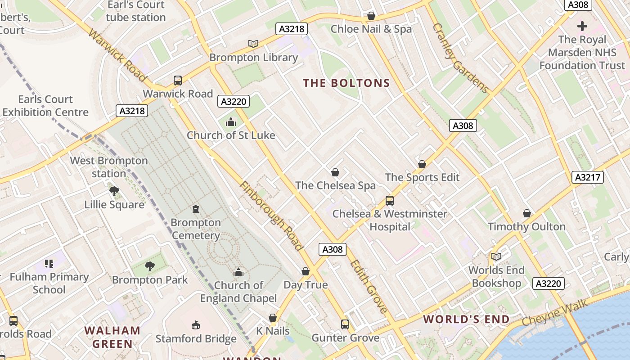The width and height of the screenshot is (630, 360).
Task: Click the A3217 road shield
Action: pos(588,177)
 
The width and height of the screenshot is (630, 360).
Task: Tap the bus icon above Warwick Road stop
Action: pos(178,81)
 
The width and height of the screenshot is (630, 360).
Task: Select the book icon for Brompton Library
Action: pos(253,44)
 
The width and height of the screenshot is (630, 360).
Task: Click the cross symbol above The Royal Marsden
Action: pos(582,26)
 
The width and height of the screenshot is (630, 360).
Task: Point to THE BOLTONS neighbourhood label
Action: pos(346,83)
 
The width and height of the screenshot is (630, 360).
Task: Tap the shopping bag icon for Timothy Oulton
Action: pos(526,213)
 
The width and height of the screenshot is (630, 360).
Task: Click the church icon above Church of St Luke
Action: pos(230,122)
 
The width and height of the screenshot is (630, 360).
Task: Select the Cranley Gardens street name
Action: pos(460,58)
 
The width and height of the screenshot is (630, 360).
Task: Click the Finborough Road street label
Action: pos(271,216)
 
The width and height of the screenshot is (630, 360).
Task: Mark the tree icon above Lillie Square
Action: pos(114,191)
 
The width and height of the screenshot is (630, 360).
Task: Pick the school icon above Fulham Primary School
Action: pos(49,264)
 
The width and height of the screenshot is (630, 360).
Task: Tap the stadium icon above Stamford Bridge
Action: pos(196,325)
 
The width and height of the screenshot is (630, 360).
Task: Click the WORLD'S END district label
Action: pos(467,319)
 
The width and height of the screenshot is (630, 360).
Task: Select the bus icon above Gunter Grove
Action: pos(345,324)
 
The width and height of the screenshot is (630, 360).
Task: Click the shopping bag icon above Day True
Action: pos(306,271)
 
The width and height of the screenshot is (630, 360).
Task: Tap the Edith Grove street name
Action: pos(368,286)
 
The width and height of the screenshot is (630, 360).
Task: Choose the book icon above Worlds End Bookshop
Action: pos(496,256)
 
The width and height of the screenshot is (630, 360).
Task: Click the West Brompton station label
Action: pos(109,167)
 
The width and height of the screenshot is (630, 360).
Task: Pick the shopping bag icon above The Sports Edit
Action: pos(422,164)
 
